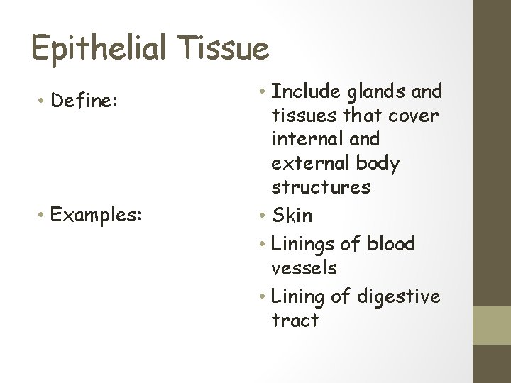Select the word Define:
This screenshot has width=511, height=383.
[84, 101]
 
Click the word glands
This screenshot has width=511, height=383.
[375, 91]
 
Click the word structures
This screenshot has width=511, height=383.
[321, 187]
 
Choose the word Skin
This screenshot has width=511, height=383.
[292, 214]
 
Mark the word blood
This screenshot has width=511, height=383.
[390, 243]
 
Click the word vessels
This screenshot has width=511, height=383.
[304, 268]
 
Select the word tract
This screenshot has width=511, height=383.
[295, 321]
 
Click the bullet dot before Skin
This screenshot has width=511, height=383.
[263, 215]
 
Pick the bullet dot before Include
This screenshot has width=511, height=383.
[263, 92]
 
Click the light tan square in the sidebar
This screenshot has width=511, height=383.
[492, 326]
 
